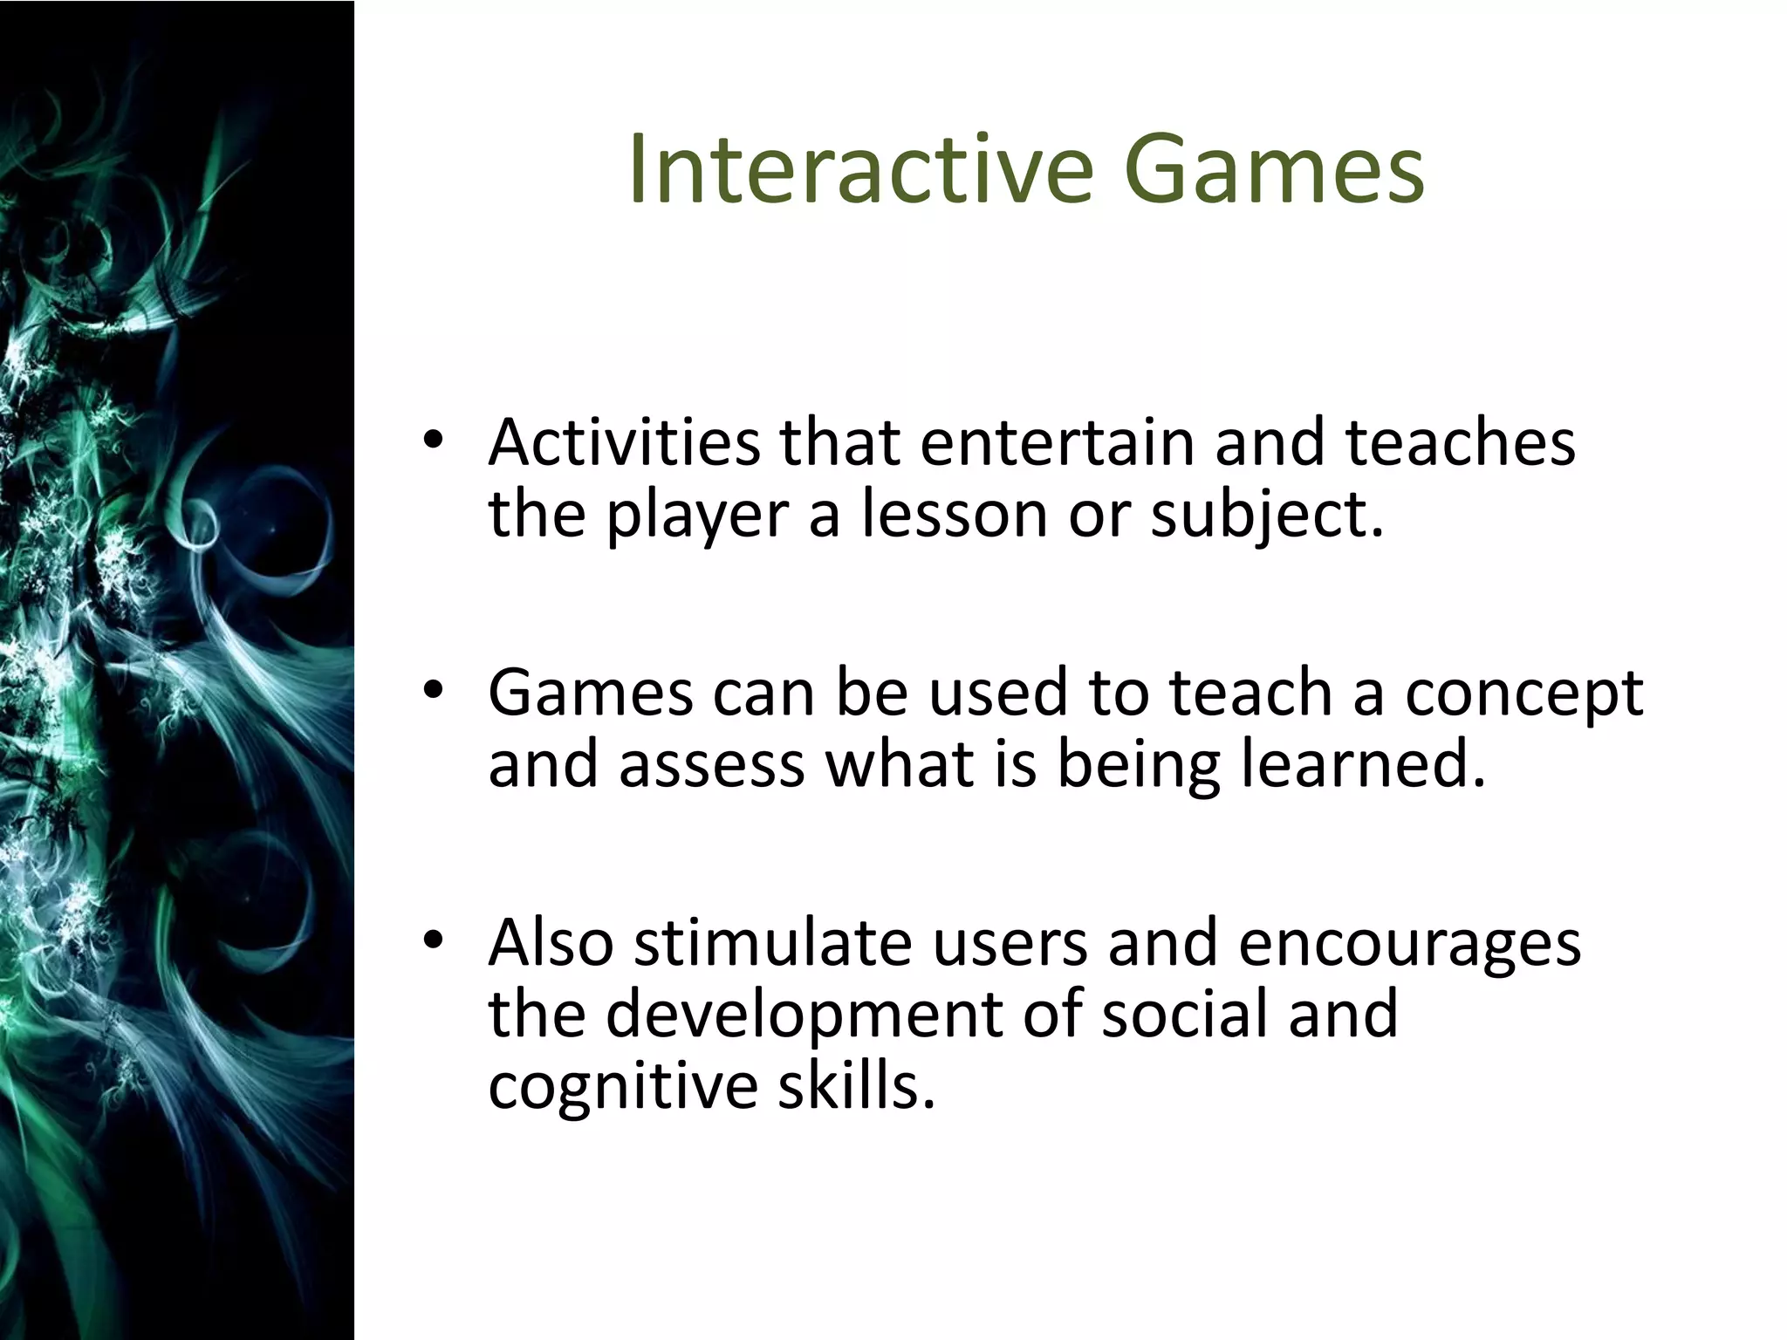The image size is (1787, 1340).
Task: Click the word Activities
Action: [624, 442]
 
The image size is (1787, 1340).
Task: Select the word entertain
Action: [1057, 442]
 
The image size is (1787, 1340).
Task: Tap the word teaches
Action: [1460, 442]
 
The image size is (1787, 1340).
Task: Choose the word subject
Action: [1265, 515]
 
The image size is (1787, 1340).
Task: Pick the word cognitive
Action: [623, 1087]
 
